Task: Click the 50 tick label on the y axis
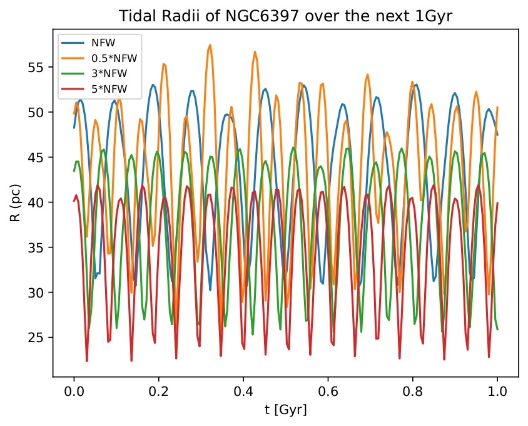pyautogui.click(x=39, y=112)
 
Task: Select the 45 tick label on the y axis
pyautogui.click(x=39, y=157)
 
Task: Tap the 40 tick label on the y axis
pyautogui.click(x=39, y=202)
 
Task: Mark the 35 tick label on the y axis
pyautogui.click(x=39, y=247)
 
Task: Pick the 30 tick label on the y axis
pyautogui.click(x=39, y=292)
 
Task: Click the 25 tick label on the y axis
pyautogui.click(x=39, y=337)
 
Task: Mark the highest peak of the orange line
pyautogui.click(x=210, y=45)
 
